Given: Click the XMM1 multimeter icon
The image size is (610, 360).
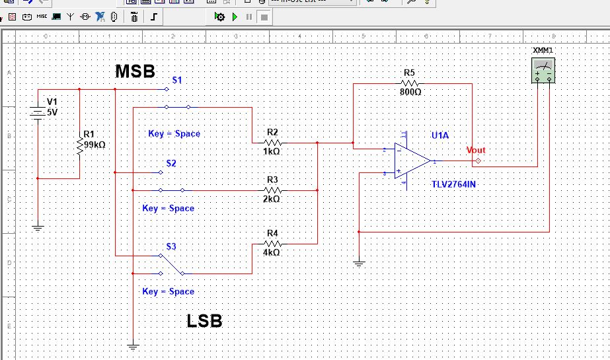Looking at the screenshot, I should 543,69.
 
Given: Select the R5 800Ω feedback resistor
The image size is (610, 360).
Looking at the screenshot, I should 410,84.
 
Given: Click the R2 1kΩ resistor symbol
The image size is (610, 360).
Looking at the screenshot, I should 273,143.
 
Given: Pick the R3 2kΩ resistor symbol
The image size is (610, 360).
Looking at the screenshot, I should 273,190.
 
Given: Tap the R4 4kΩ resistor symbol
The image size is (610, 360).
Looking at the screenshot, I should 273,244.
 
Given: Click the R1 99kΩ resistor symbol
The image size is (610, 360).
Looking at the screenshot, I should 80,147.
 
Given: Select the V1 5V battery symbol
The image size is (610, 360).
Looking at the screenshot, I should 38,112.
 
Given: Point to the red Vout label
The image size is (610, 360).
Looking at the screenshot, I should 475,150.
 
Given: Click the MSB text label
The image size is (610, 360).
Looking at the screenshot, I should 135,71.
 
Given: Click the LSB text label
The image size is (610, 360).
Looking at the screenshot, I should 204,322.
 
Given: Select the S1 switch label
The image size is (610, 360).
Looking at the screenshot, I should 177,80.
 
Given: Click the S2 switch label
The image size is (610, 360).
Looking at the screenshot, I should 171,163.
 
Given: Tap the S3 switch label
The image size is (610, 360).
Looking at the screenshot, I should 171,246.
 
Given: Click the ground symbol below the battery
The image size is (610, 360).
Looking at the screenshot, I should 38,228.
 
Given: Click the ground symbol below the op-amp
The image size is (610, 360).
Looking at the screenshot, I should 358,264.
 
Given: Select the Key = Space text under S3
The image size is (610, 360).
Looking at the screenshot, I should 168,291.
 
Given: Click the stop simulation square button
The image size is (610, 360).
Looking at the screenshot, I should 264,16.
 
